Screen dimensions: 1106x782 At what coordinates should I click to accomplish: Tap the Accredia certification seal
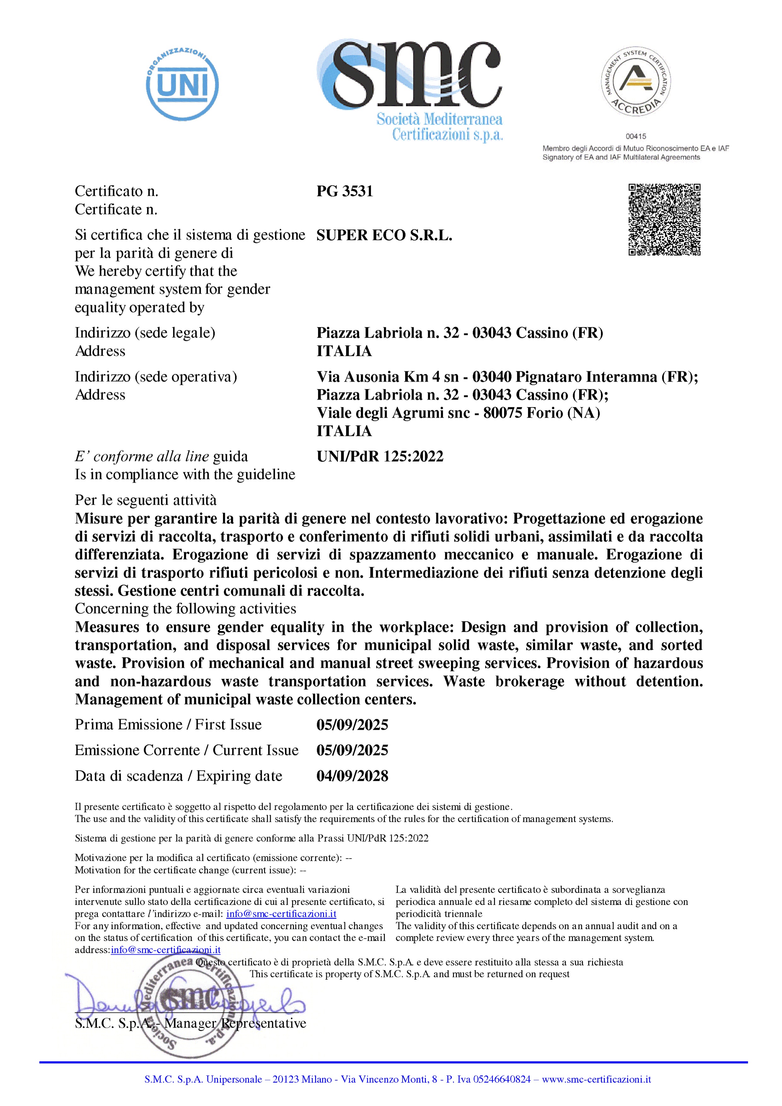click(636, 83)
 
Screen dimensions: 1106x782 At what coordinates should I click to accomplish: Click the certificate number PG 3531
click(344, 191)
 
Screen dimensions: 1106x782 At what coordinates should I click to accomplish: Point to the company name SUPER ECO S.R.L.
click(384, 235)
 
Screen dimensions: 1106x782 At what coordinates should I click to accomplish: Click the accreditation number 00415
click(636, 136)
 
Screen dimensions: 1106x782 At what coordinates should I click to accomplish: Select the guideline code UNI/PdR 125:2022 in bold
click(380, 456)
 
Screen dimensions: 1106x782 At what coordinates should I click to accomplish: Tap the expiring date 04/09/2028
click(352, 776)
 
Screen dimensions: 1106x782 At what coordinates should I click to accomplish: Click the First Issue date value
click(352, 725)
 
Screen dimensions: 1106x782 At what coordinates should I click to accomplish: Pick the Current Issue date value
click(352, 750)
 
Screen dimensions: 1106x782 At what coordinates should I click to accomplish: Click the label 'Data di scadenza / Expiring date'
click(178, 776)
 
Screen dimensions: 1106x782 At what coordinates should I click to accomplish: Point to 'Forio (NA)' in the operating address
click(566, 413)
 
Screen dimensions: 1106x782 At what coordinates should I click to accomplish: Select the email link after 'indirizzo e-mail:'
click(281, 913)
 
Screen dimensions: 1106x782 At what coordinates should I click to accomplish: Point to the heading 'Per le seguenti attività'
click(145, 500)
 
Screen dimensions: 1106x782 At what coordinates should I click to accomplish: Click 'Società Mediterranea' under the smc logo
click(439, 119)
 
